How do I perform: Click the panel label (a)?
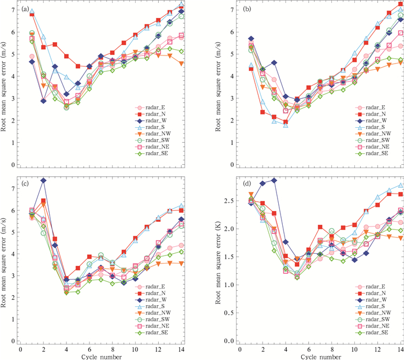click(25, 9)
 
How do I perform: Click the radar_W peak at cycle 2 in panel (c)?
click(43, 180)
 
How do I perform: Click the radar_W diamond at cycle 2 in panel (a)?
click(43, 101)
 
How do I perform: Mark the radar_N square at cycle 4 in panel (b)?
click(285, 122)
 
